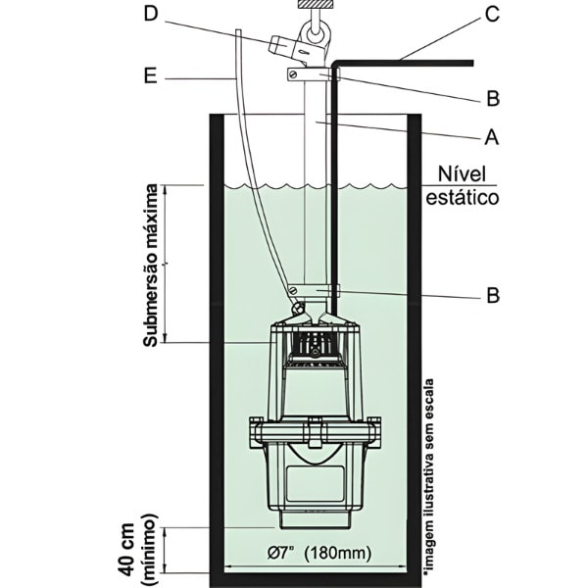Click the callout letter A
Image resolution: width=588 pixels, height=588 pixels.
[491, 138]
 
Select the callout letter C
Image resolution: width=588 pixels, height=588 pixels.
[492, 14]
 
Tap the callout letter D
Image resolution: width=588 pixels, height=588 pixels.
[150, 14]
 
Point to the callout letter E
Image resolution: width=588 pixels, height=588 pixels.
[150, 74]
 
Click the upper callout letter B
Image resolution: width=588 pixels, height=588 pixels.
[493, 97]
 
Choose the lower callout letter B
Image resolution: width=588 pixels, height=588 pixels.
[493, 294]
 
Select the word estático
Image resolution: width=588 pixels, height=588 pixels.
[463, 197]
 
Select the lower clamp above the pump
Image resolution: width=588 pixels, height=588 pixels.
[314, 291]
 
